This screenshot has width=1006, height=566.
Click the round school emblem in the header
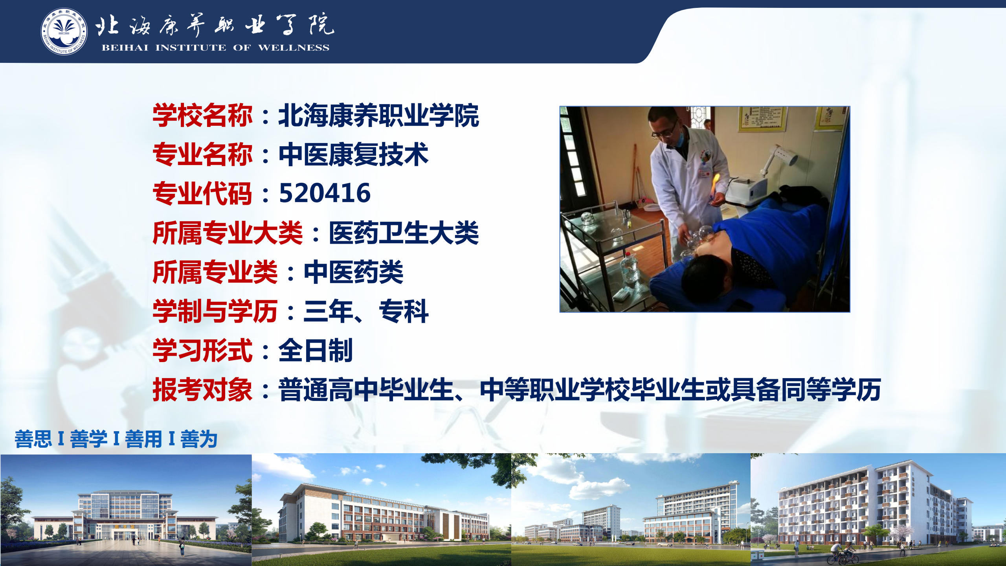(x=64, y=31)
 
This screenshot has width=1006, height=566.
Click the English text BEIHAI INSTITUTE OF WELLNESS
(x=215, y=48)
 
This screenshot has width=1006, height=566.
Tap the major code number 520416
(x=325, y=193)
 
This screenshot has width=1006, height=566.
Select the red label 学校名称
(x=202, y=116)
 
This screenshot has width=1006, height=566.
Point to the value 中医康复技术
(x=353, y=154)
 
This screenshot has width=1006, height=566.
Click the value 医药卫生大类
(x=404, y=233)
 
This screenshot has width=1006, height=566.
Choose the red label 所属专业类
(x=215, y=272)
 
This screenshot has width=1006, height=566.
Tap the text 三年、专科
(x=366, y=311)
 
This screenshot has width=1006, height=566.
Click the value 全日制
(x=316, y=351)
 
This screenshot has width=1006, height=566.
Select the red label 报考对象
(x=202, y=390)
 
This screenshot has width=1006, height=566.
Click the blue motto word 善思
(x=33, y=439)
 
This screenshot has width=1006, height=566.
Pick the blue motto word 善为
(x=199, y=439)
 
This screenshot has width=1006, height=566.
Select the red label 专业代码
(x=202, y=194)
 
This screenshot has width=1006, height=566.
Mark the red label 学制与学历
(x=215, y=311)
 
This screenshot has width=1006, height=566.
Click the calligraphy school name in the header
(x=215, y=25)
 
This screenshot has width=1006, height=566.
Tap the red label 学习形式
(x=202, y=351)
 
